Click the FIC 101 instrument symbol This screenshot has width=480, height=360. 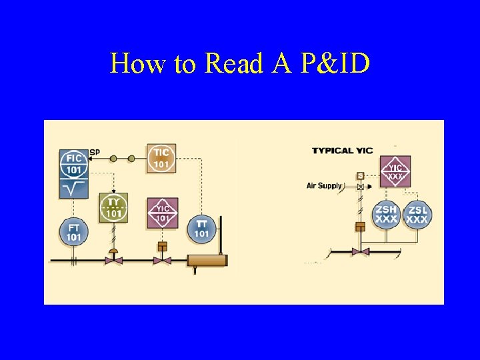(x=73, y=163)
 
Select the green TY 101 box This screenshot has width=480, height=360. (x=113, y=208)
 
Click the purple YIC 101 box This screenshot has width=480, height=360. (x=162, y=213)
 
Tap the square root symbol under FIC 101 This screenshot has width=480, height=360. (x=73, y=189)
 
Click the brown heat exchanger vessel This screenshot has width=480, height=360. (x=207, y=261)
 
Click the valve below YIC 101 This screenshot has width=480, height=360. (x=162, y=259)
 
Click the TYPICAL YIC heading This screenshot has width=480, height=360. (x=342, y=151)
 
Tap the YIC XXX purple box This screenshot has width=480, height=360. (x=395, y=172)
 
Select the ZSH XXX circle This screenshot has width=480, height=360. (x=386, y=214)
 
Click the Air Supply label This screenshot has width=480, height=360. (x=324, y=185)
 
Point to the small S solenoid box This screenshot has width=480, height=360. (x=360, y=176)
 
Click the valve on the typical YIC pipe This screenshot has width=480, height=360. (x=360, y=252)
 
